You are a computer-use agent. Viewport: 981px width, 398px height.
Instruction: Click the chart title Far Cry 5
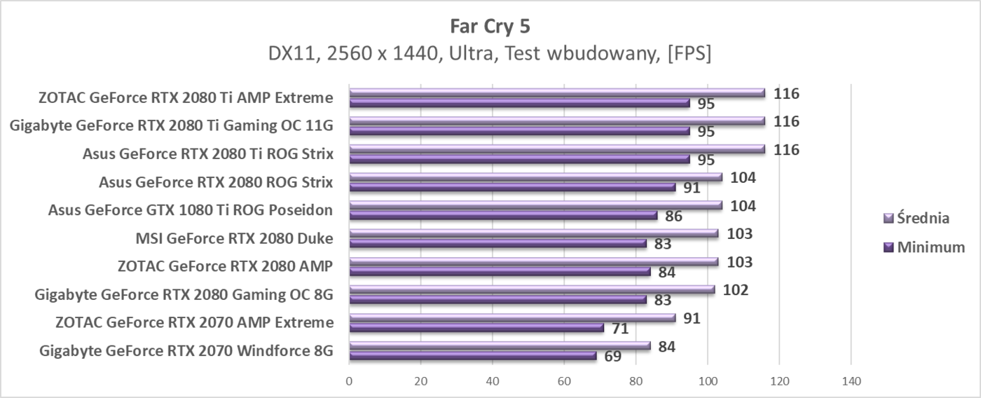[490, 26]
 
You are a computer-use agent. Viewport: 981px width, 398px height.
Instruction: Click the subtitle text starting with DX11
[490, 54]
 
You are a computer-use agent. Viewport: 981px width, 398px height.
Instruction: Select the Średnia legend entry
[924, 218]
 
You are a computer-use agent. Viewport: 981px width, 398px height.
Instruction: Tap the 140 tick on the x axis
[851, 382]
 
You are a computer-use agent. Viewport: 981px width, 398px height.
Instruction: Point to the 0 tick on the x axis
[349, 382]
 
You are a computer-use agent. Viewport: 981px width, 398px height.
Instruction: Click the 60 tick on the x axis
[564, 382]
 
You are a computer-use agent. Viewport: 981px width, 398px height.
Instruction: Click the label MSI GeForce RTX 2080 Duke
[234, 238]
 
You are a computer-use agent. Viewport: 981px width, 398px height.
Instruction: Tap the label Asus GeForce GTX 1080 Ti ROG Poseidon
[190, 210]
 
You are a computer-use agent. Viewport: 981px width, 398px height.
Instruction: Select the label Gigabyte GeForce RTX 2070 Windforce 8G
[186, 350]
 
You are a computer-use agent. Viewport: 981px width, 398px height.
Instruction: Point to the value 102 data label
[736, 290]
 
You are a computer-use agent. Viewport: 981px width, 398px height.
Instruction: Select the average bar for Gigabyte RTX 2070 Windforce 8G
[500, 345]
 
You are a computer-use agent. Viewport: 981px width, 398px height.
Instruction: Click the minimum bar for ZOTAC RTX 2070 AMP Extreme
[476, 327]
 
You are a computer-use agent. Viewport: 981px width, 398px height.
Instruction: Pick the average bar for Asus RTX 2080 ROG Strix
[535, 177]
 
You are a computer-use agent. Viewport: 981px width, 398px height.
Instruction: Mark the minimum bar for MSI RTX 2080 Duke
[498, 243]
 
